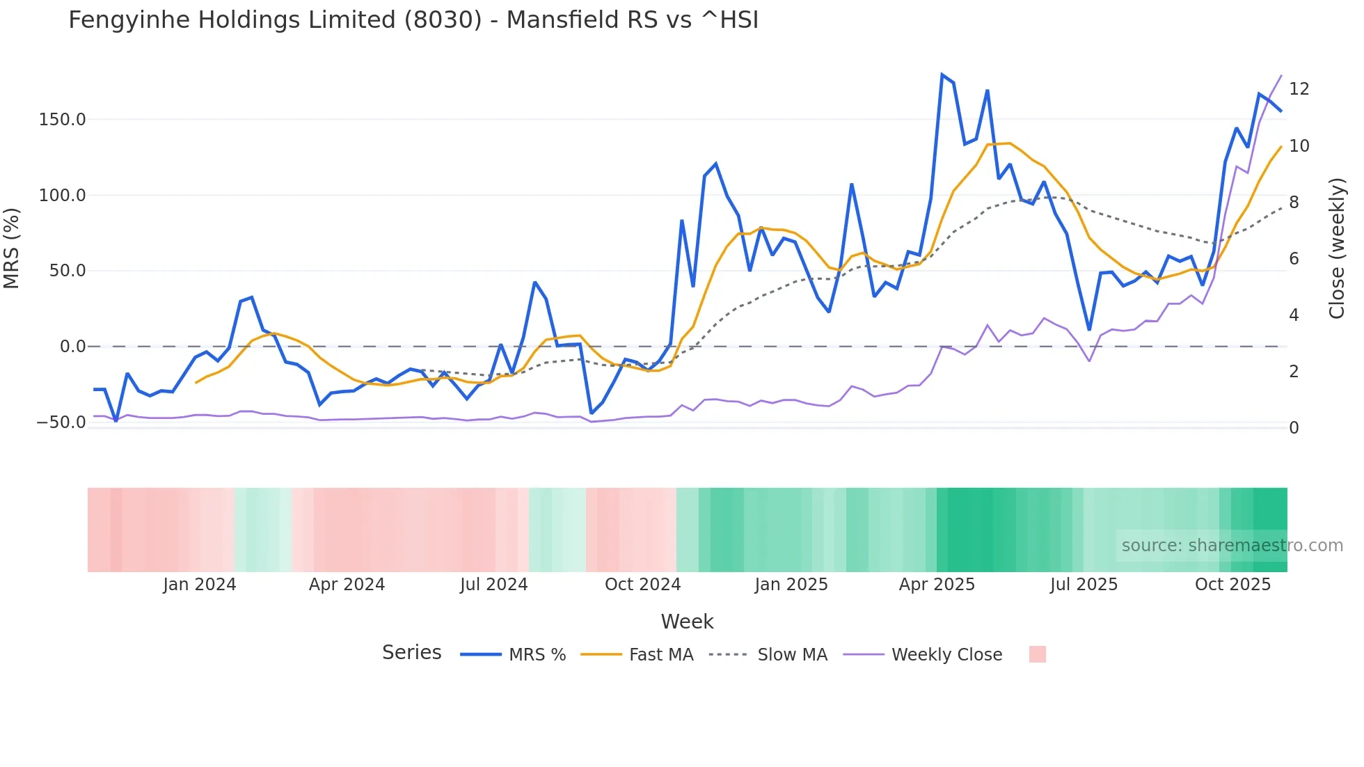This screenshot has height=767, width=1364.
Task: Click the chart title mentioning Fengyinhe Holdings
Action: click(x=413, y=20)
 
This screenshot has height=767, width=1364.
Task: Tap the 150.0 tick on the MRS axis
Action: click(x=63, y=120)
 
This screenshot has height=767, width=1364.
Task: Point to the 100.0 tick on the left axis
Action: click(x=63, y=196)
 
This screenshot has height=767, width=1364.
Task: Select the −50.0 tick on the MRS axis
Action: click(x=61, y=422)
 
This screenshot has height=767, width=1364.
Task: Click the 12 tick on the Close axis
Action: click(x=1299, y=89)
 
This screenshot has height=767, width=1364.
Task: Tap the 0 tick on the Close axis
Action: click(x=1294, y=428)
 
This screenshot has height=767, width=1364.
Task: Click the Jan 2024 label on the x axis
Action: click(x=200, y=585)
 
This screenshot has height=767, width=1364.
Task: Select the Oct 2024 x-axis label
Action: click(x=642, y=585)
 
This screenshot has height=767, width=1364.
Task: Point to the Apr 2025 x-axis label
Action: click(x=937, y=585)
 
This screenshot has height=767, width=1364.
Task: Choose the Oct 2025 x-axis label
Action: click(x=1232, y=585)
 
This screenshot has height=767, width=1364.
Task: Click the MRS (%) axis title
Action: click(x=12, y=248)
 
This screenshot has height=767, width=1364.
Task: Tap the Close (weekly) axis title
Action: click(x=1337, y=248)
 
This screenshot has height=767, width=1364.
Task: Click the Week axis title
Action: click(x=687, y=622)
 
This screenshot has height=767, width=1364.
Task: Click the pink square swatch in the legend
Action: click(x=1038, y=654)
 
